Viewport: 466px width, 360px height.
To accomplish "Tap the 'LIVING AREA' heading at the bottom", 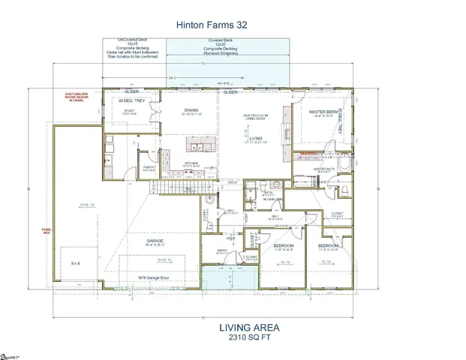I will click(249, 328).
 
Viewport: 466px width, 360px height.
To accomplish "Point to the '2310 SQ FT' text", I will click(249, 338).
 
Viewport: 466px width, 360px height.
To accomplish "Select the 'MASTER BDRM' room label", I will click(327, 112).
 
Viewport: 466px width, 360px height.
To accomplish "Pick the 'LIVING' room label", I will click(256, 139).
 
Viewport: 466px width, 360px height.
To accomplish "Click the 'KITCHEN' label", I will click(192, 162).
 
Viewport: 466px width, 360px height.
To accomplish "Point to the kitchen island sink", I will click(203, 144).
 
